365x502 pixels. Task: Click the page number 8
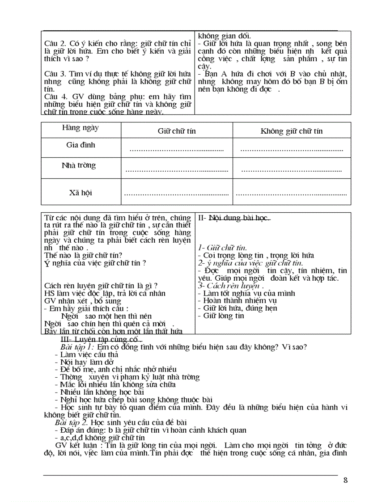click(345, 481)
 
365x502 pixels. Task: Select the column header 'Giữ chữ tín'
click(177, 131)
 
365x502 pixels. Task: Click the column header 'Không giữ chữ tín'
click(291, 131)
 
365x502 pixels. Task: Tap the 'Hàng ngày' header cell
click(81, 128)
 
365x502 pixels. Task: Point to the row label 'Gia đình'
click(81, 145)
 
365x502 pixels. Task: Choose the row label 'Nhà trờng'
click(79, 165)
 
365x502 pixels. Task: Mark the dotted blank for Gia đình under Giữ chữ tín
click(176, 150)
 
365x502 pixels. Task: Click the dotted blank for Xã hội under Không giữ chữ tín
click(291, 194)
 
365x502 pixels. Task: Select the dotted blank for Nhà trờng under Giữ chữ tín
click(176, 170)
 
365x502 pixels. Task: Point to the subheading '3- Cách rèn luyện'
click(230, 286)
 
